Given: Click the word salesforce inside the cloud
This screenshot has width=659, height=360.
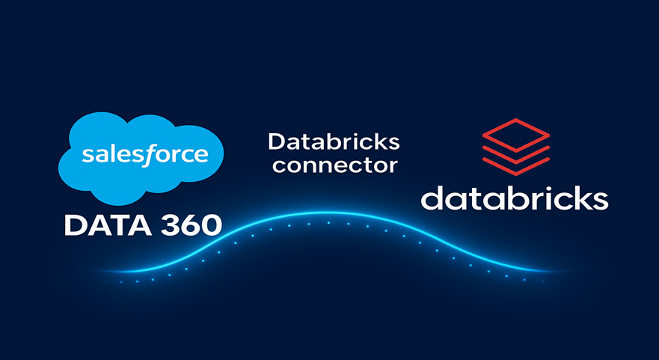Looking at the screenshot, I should [x=144, y=155].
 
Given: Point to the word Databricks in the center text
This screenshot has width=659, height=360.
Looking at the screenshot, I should [x=334, y=141].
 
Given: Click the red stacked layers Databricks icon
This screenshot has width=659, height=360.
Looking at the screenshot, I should [x=515, y=145].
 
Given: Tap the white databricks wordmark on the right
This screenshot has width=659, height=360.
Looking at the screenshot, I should [x=514, y=198].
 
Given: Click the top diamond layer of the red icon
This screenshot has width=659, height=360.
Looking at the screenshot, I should [x=515, y=132].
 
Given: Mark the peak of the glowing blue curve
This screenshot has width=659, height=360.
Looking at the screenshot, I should [x=326, y=214].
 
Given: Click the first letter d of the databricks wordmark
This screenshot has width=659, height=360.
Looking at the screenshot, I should [x=432, y=198].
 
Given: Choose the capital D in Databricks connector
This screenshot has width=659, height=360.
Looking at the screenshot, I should [x=275, y=141].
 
